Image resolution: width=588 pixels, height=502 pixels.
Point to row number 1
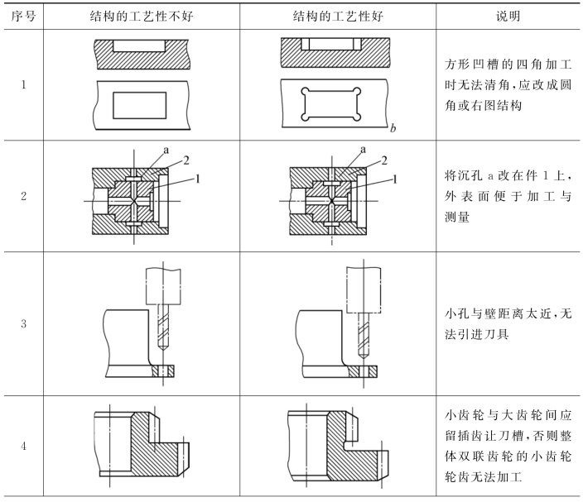[x=23, y=84]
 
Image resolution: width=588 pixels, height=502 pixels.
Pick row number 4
[x=23, y=447]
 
